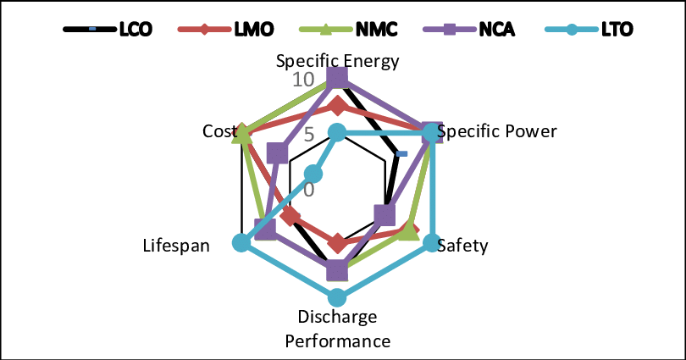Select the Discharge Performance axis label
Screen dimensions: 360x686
[337, 330]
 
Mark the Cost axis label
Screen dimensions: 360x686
[217, 132]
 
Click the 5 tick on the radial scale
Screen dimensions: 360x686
[308, 135]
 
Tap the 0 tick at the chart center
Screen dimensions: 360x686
[310, 188]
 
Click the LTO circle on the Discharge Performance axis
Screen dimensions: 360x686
[337, 297]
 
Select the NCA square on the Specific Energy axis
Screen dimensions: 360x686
[337, 78]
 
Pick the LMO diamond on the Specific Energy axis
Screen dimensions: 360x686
[337, 107]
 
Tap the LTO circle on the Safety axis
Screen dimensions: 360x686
[431, 243]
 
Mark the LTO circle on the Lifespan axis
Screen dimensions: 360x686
[242, 243]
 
